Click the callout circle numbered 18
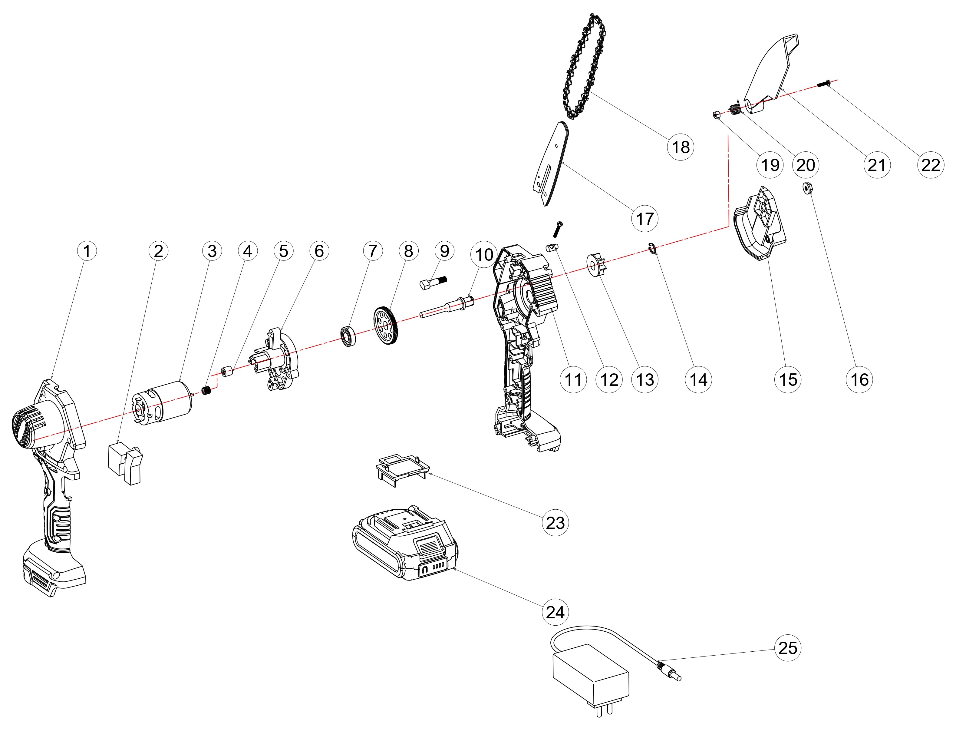click(x=681, y=147)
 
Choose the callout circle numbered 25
click(x=788, y=648)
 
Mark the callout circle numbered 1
click(x=87, y=251)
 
